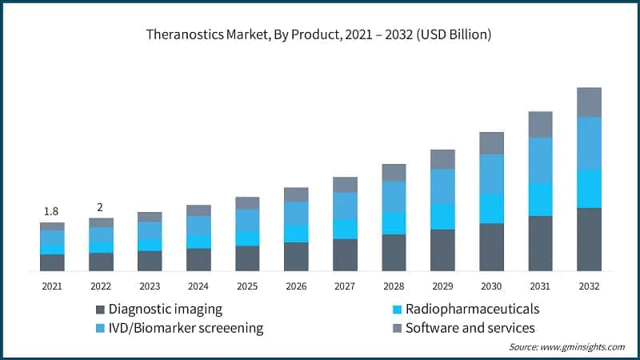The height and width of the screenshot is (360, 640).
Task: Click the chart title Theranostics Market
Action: (x=318, y=35)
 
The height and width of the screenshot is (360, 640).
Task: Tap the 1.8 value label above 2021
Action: (x=51, y=211)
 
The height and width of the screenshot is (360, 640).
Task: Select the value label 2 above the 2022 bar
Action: (x=100, y=207)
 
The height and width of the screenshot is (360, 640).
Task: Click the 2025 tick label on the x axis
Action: (x=247, y=286)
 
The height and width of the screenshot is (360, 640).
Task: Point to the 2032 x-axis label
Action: (x=589, y=286)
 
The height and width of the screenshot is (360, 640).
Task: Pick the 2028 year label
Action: (x=394, y=286)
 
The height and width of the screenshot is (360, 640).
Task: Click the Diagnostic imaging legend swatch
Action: (x=100, y=310)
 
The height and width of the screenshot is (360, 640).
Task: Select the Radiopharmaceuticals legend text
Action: (x=472, y=309)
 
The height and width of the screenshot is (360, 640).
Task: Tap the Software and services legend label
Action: (x=470, y=328)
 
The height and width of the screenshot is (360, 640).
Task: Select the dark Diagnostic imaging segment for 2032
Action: (x=589, y=240)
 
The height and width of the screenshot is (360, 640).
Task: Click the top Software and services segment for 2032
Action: (x=589, y=102)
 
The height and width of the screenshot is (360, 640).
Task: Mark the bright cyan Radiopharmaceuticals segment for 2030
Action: (x=491, y=209)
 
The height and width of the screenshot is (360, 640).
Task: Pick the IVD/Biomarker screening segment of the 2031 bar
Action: (x=540, y=160)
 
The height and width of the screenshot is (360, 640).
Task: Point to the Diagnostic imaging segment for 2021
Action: (x=52, y=263)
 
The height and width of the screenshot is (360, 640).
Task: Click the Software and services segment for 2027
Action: (x=345, y=185)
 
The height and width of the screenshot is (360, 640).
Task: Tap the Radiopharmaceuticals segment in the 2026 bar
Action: (x=296, y=234)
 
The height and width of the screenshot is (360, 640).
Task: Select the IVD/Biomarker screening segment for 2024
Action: (x=198, y=226)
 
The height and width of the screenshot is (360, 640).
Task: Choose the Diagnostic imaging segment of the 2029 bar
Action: (x=442, y=250)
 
